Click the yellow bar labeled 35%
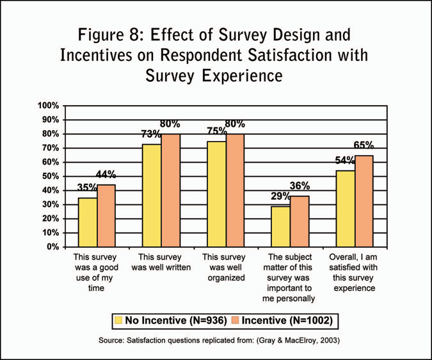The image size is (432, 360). [88, 222]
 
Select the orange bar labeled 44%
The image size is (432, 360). [106, 215]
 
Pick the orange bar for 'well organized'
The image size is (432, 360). [235, 190]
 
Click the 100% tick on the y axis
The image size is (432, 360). [49, 106]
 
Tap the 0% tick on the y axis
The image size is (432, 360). [54, 247]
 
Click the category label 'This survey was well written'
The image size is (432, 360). [161, 262]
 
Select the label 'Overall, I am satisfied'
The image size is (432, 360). [355, 272]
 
